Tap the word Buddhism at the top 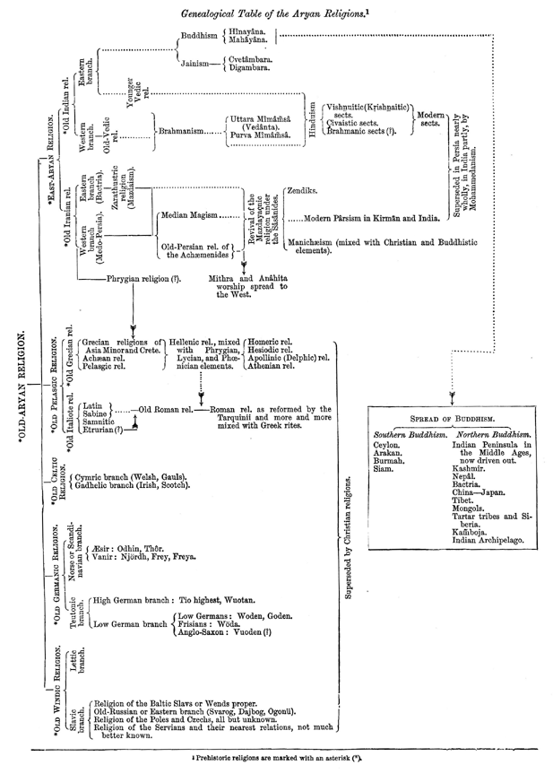[x=199, y=37]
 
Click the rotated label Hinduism [x=312, y=120]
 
